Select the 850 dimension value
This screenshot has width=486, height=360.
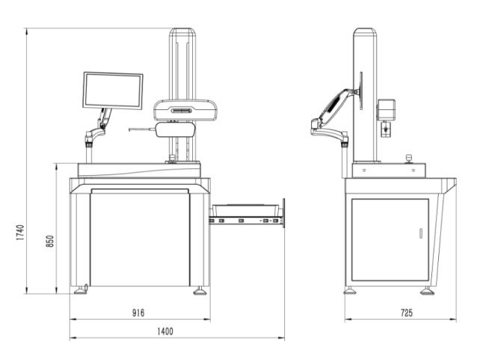click(x=50, y=241)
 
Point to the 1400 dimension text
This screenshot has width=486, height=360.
click(x=165, y=331)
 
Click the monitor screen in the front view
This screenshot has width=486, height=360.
click(x=112, y=90)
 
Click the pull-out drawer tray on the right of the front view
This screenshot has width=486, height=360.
click(x=247, y=216)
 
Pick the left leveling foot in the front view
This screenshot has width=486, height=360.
click(x=80, y=290)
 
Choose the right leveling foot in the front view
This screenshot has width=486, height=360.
click(x=200, y=290)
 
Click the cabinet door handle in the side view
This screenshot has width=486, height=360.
click(x=420, y=234)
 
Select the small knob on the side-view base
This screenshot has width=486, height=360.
click(x=409, y=158)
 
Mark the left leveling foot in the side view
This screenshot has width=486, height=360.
click(x=349, y=290)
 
